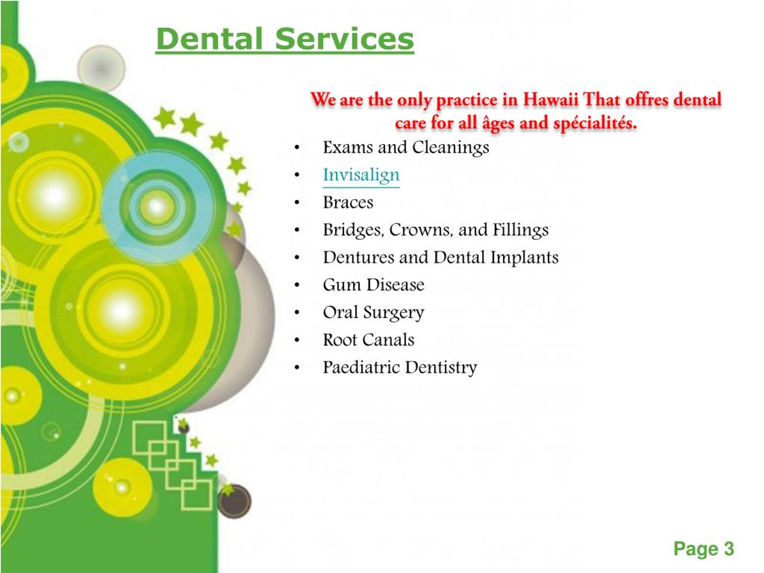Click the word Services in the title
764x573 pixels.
(x=344, y=39)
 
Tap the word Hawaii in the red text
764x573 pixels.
(x=550, y=99)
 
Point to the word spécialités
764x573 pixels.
(x=595, y=123)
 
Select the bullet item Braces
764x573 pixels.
(x=348, y=202)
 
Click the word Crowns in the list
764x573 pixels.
(x=421, y=230)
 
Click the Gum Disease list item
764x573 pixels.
(x=373, y=285)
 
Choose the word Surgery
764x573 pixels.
(x=393, y=313)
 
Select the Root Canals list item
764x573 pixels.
(x=368, y=340)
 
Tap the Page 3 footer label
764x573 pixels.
(x=703, y=549)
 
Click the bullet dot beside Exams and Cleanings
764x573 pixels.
(x=297, y=148)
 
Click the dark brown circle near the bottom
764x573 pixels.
(x=235, y=501)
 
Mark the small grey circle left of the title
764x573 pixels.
(x=101, y=68)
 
